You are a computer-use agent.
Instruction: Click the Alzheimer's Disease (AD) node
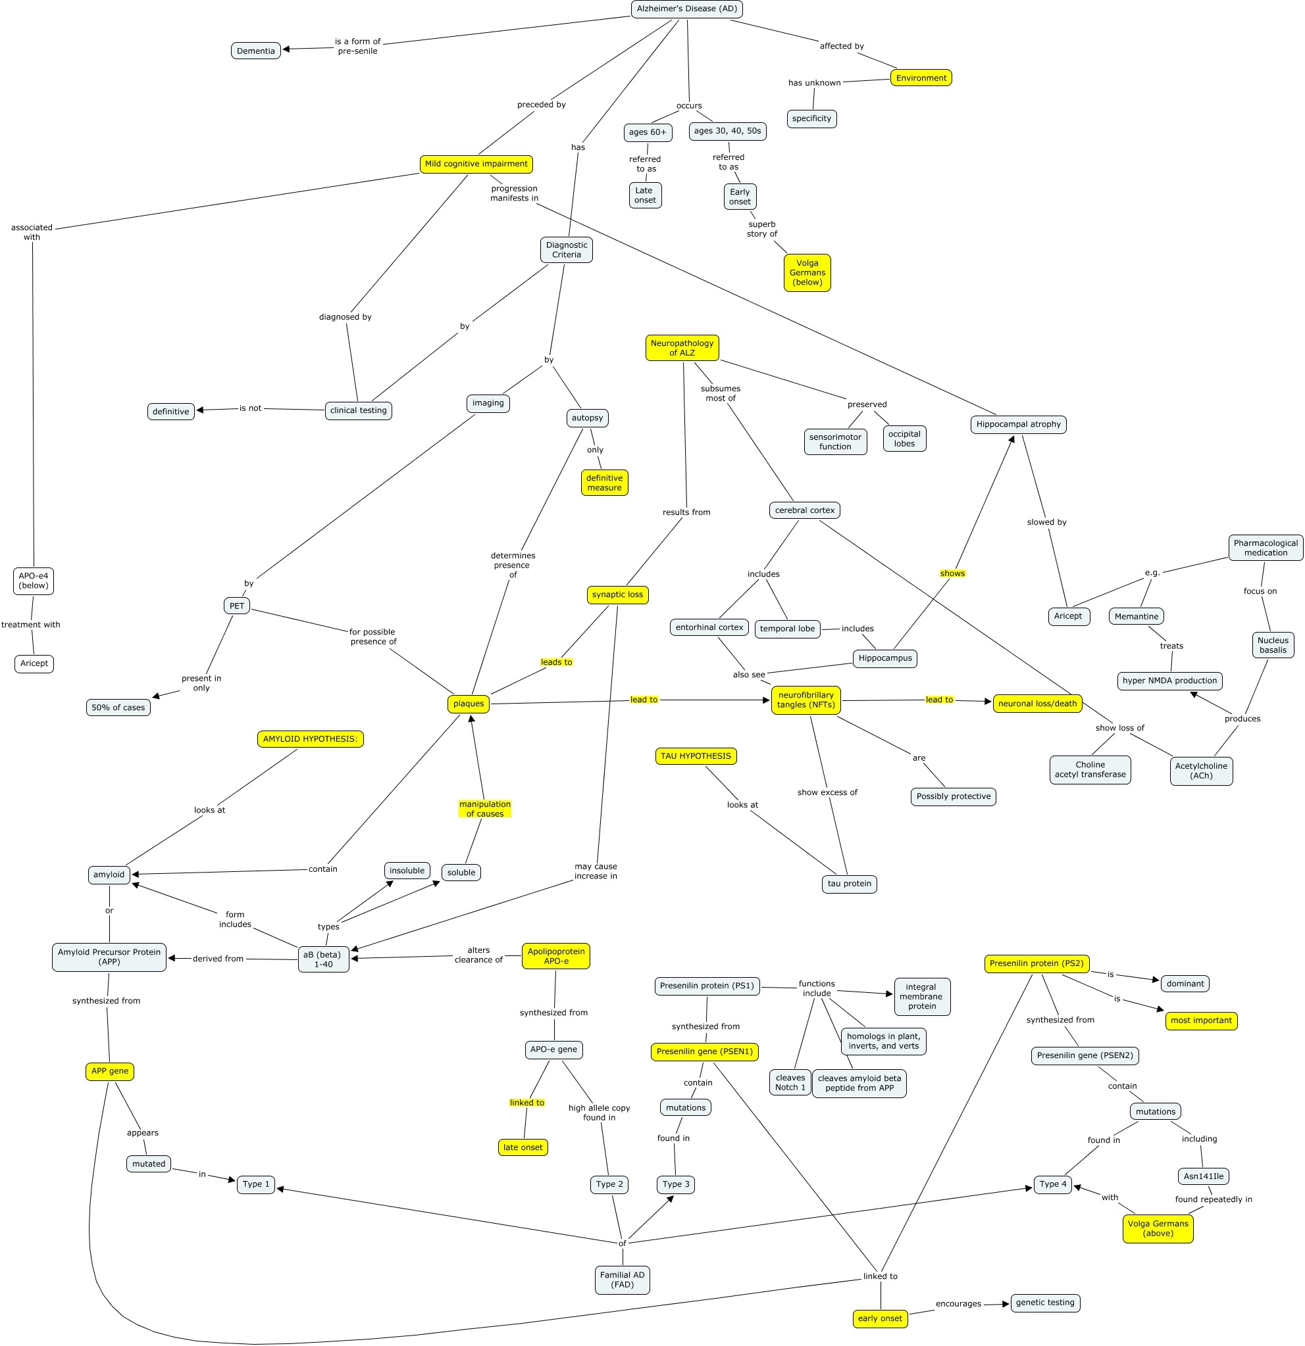(x=686, y=9)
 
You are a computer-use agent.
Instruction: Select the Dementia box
(x=255, y=51)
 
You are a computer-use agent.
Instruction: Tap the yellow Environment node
(x=921, y=78)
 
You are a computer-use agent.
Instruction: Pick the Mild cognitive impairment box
(x=476, y=164)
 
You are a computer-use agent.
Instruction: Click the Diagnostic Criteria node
(x=566, y=250)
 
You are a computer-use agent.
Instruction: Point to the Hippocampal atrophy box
(x=1019, y=424)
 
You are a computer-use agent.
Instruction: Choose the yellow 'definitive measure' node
(x=604, y=483)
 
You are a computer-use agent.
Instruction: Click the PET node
(x=236, y=606)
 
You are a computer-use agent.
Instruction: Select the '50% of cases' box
(x=118, y=708)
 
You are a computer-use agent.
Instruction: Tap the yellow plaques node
(x=469, y=703)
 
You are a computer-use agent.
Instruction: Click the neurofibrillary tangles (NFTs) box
(x=806, y=700)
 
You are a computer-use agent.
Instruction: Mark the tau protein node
(x=849, y=884)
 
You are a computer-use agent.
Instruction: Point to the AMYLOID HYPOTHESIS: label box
(x=310, y=739)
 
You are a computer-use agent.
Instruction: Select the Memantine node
(x=1136, y=616)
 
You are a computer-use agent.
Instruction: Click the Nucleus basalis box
(x=1273, y=645)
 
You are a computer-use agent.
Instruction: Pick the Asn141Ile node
(x=1203, y=1176)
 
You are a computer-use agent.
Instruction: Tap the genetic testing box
(x=1044, y=1303)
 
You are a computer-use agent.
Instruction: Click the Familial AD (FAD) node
(x=622, y=1280)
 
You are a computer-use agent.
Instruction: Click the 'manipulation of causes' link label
(x=484, y=809)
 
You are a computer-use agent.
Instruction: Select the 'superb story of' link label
(x=761, y=229)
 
